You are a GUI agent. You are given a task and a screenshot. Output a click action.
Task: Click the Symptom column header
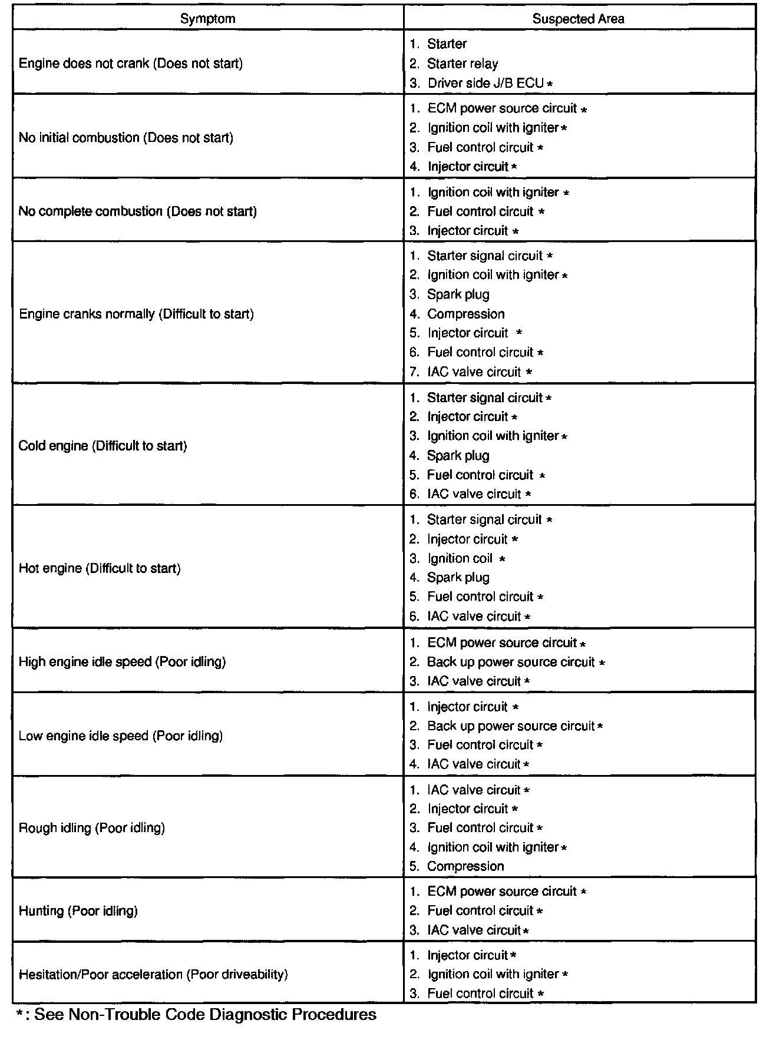tap(207, 19)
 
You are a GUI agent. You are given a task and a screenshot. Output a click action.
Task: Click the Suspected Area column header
tap(578, 19)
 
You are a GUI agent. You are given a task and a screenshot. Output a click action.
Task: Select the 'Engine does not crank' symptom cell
tap(131, 64)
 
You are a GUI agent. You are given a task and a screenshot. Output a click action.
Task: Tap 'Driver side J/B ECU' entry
tap(485, 83)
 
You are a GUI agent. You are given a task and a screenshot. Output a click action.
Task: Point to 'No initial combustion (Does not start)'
tap(126, 138)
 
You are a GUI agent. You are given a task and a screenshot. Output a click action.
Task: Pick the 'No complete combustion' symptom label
tap(138, 211)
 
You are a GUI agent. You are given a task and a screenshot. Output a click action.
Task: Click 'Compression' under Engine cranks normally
tap(465, 314)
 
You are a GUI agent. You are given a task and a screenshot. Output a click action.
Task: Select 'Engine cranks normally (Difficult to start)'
tap(136, 314)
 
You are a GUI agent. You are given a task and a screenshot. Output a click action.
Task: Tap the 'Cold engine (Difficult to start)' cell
tap(103, 446)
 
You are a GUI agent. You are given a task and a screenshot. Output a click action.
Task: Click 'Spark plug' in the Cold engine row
tap(458, 455)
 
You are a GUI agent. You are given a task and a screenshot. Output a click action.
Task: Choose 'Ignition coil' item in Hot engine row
tap(460, 558)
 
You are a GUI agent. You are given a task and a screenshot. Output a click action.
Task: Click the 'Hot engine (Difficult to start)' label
tap(100, 568)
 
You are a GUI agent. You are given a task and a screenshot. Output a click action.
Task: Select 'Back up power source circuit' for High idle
tap(511, 662)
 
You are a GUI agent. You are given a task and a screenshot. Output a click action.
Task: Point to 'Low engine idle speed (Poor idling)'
tap(121, 736)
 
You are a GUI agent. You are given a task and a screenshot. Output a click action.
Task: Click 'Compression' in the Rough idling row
tap(465, 866)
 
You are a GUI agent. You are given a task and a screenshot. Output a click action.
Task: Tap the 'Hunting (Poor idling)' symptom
tap(78, 911)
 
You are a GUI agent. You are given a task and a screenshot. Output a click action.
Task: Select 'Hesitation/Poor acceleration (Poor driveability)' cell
tap(153, 974)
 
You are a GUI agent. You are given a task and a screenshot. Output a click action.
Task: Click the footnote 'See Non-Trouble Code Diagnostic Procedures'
tap(205, 1014)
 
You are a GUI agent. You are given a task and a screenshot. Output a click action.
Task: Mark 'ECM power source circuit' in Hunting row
tap(502, 892)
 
